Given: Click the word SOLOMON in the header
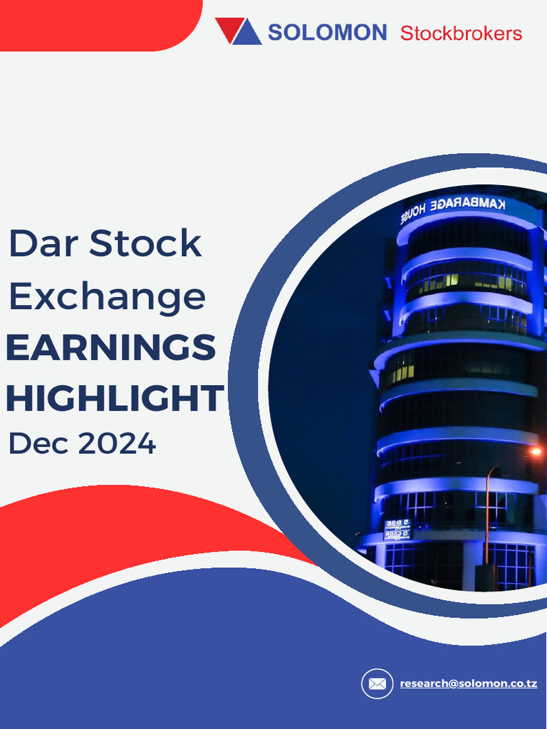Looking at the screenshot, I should [327, 32].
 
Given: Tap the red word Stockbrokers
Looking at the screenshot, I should [461, 33].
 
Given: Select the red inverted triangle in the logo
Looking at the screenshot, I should [228, 29].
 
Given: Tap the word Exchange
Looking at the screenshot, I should [107, 296].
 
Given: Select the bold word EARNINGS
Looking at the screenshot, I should [110, 348].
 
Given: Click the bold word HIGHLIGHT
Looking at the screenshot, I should [115, 399].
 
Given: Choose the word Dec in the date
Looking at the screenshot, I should [37, 444].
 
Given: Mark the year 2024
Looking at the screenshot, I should [117, 444].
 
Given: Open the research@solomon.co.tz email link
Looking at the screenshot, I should [468, 683].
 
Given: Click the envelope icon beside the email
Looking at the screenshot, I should [377, 684].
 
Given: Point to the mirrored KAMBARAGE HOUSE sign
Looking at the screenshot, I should [453, 207].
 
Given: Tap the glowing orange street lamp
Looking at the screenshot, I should [535, 451].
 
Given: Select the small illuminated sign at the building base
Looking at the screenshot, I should [397, 529].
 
